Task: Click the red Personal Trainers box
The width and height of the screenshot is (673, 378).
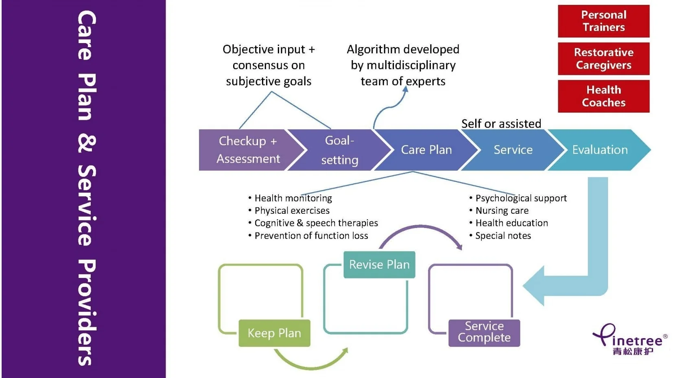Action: (x=603, y=21)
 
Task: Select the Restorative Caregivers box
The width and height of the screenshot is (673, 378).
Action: (x=603, y=59)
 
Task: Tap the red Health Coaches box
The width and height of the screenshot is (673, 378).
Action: (x=603, y=96)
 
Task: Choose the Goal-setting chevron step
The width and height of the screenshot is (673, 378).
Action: (x=339, y=150)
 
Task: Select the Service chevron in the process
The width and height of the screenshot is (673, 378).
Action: (x=513, y=150)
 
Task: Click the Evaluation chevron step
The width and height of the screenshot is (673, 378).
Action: (x=600, y=150)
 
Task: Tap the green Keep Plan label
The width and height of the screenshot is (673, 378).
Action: (x=274, y=333)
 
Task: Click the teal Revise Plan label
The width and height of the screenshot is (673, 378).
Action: (x=379, y=265)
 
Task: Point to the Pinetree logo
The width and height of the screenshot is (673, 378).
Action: (x=630, y=339)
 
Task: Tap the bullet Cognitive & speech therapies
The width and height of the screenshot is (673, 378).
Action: (x=313, y=223)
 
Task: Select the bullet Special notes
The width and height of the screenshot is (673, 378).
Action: (x=500, y=236)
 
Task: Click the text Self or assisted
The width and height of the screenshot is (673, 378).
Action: (x=501, y=124)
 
